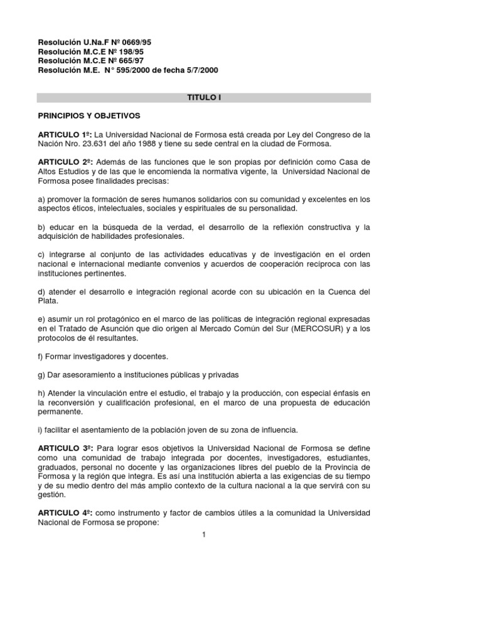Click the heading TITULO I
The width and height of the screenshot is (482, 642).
(204, 98)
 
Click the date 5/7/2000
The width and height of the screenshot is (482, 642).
(200, 70)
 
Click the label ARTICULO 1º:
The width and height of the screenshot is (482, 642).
(65, 134)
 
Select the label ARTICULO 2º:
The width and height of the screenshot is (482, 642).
(65, 161)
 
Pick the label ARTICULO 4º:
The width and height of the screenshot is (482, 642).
(65, 513)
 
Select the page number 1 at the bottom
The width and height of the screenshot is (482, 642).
(204, 534)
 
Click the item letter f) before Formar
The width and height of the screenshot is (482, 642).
(41, 357)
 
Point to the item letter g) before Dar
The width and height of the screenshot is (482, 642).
(41, 375)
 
